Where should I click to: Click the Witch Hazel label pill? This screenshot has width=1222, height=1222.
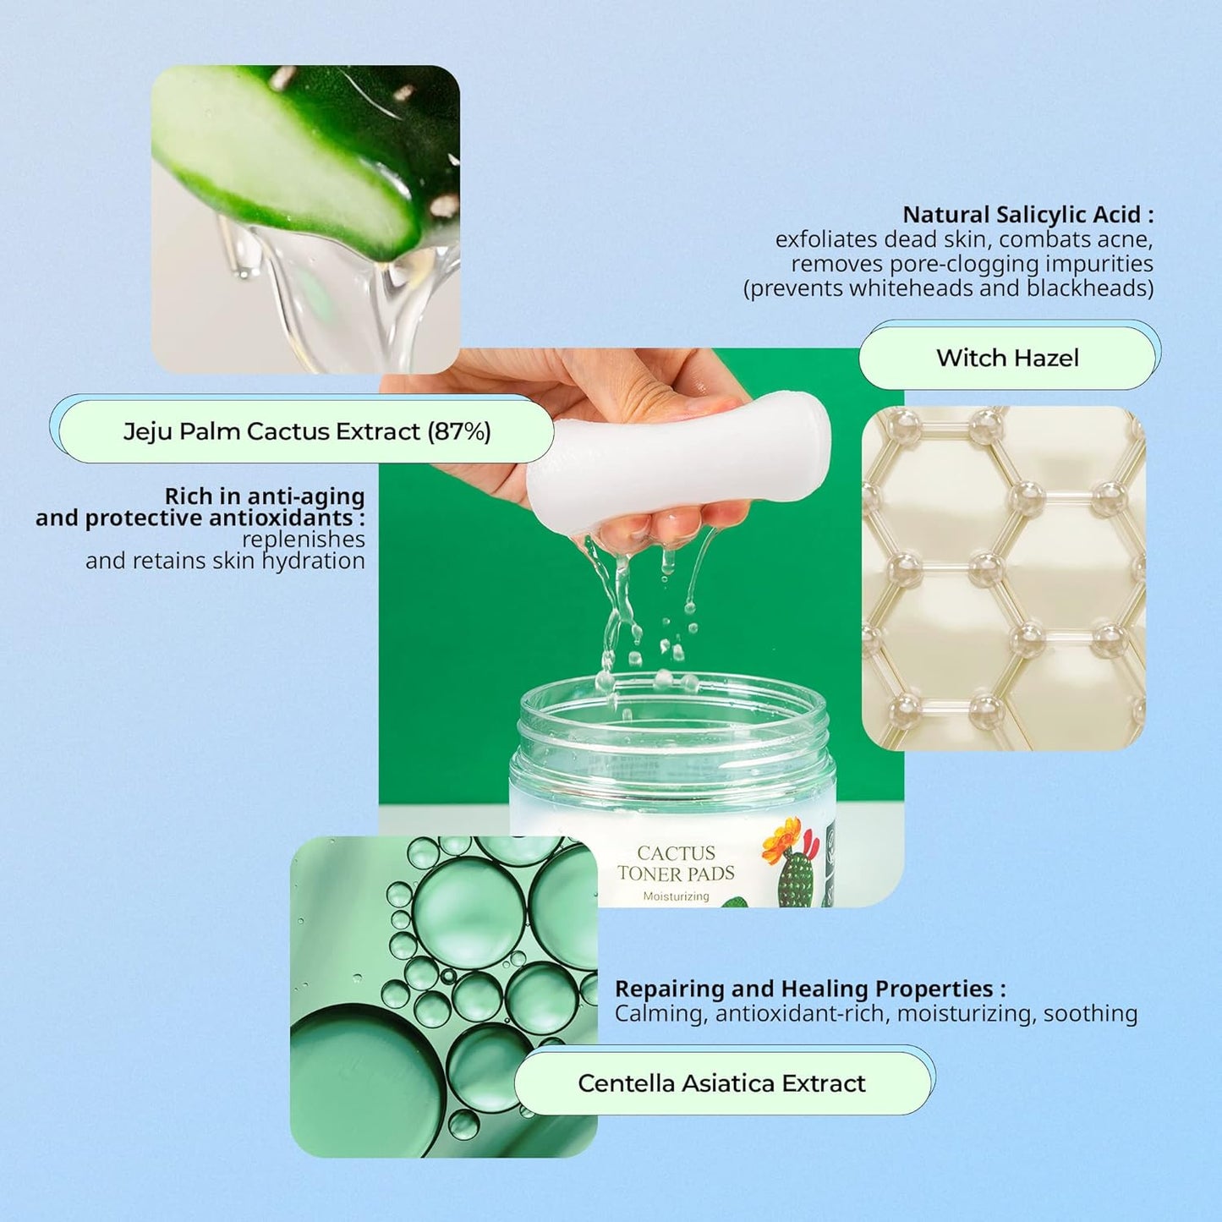pos(1006,358)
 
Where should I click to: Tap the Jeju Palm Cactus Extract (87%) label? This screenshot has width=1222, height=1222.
pos(307,431)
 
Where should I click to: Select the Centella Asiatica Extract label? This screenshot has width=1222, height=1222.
pos(721,1083)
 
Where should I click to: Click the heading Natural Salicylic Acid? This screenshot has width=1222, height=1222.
pos(1027,215)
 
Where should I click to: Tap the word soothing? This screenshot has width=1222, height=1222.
pos(1090,1013)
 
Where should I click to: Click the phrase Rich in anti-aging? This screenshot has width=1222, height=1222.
pos(265,496)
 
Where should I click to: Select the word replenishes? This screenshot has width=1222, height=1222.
pos(303,540)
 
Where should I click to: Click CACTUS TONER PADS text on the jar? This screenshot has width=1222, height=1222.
pos(676,863)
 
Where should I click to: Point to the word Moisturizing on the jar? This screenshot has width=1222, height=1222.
pos(676,896)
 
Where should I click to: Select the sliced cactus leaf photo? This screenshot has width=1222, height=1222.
pos(305,219)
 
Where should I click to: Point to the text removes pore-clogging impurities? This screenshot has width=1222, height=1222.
pos(972,264)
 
